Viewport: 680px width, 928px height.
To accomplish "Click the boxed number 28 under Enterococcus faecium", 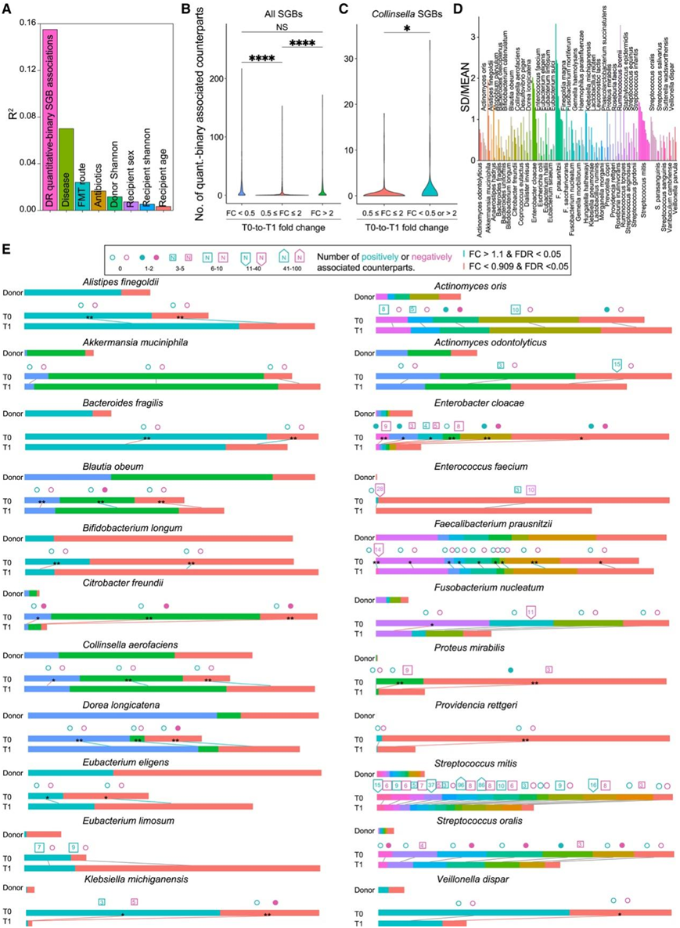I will [380, 489].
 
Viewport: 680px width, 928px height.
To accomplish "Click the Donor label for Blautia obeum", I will [12, 476].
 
